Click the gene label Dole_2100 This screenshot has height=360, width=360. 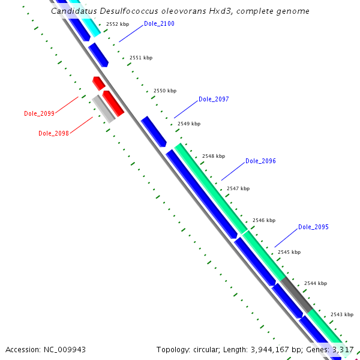pos(159,24)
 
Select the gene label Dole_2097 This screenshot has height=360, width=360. pos(214,99)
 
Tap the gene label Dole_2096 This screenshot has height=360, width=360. pos(260,161)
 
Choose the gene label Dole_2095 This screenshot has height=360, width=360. pos(313,227)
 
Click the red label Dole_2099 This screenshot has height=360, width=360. pos(39,113)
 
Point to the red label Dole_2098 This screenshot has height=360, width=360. pos(53,133)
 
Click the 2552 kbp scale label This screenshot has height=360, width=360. pos(117,25)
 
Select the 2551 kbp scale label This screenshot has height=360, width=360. pos(141,58)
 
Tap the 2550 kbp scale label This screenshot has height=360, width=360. pos(165,91)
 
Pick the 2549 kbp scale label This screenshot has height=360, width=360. pos(189,124)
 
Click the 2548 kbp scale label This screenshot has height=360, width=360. pos(214,156)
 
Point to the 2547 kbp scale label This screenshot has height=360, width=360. pos(238,188)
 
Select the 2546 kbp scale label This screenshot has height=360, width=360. pos(264,220)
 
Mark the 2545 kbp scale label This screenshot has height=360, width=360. pos(289,252)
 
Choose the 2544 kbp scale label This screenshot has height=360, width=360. pos(316,283)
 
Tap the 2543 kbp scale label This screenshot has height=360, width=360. pos(342,314)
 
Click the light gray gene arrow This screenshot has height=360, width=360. pos(103,109)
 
